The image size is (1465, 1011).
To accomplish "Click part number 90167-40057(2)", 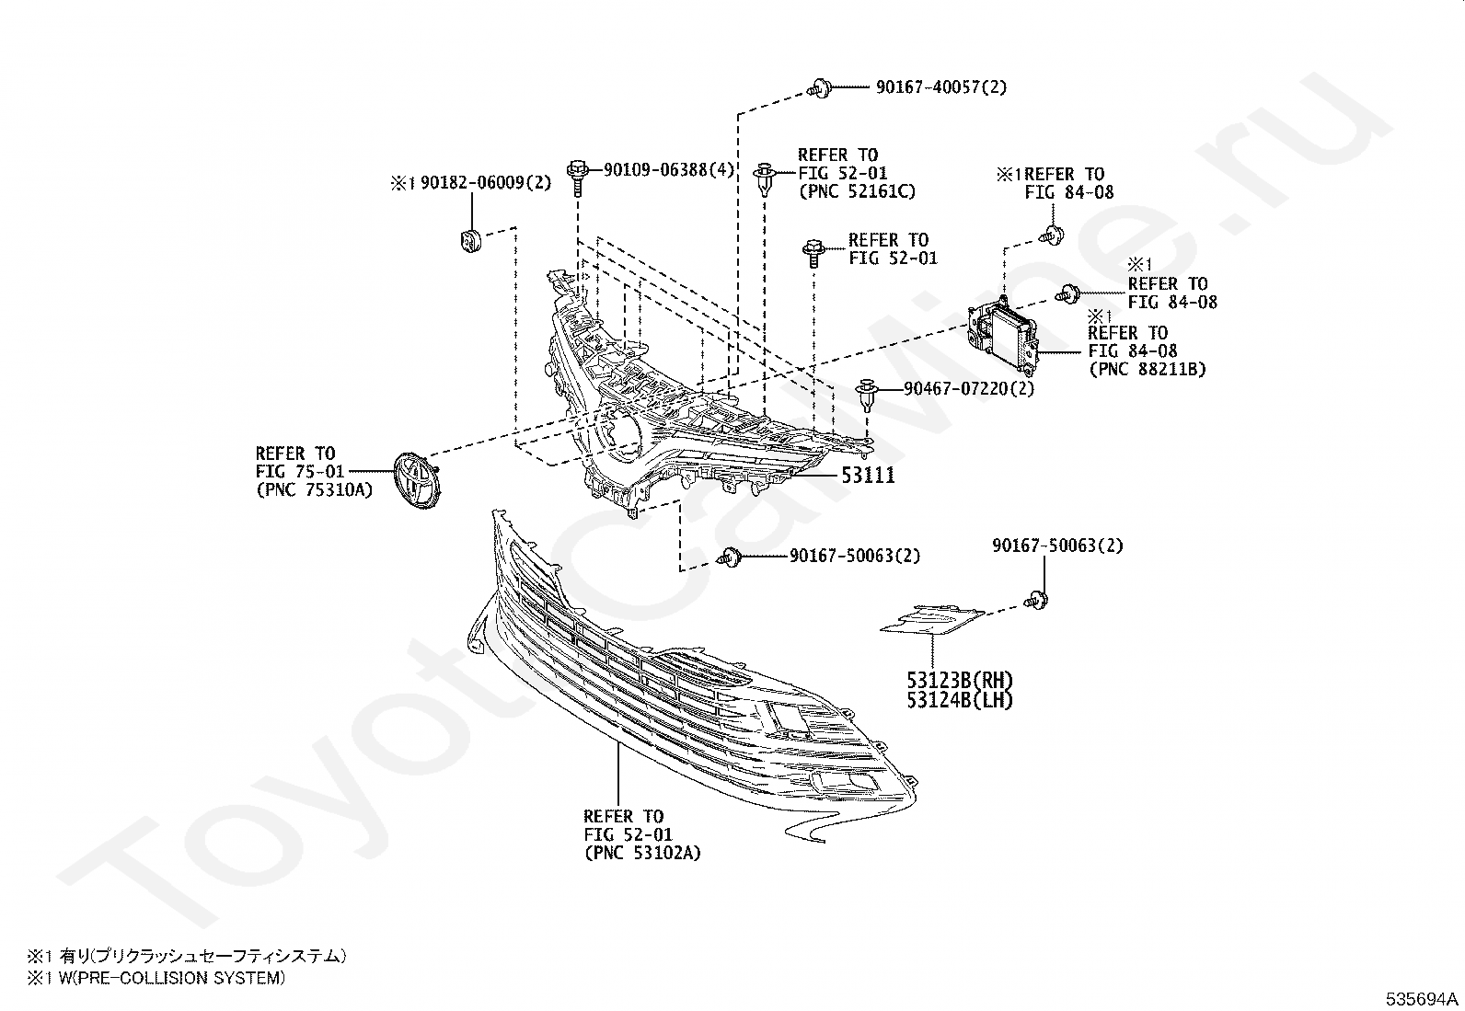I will pos(940,87).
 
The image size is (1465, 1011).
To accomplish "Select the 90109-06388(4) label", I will pos(668,170).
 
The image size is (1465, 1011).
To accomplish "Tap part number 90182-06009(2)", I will pos(486,183).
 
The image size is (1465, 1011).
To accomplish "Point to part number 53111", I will pos(867,476).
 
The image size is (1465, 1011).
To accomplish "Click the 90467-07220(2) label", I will pos(968,388).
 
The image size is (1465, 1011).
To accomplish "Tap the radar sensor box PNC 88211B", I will pos(1000,333).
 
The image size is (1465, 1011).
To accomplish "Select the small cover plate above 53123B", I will pos(931,619).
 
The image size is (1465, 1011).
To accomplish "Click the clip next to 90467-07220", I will pos(867,393).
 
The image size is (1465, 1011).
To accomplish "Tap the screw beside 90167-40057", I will pos(819,89).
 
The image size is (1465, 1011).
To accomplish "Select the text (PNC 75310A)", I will pos(314,490).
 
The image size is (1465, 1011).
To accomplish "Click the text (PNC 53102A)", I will pos(641,853).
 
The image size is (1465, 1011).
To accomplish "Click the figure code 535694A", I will pos(1424,997).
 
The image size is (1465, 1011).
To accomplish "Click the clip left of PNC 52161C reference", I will pos(764,178).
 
